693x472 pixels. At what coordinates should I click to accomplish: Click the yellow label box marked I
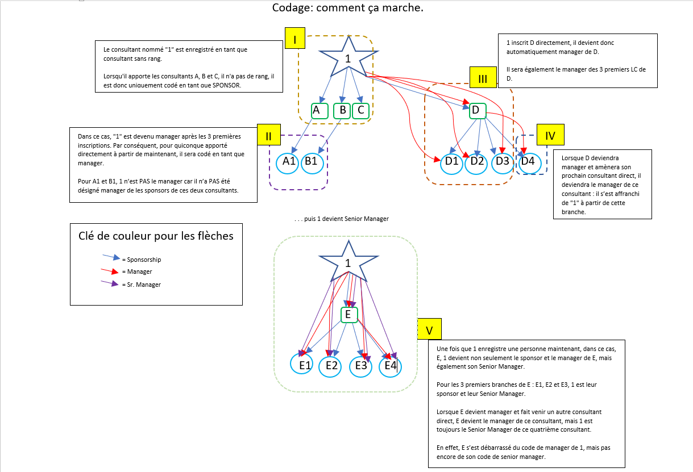coord(295,40)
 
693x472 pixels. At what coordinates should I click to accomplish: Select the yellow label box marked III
coord(483,78)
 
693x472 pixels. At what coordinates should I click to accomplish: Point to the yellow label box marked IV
coord(550,136)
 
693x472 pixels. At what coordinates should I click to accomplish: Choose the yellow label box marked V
coord(429,330)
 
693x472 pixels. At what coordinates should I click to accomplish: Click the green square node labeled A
coord(319,110)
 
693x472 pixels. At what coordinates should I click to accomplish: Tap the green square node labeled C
coord(360,110)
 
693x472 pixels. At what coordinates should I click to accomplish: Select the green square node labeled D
coord(477,110)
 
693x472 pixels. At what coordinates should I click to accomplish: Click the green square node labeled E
coord(348,315)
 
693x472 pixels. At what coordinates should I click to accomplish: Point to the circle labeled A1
coord(289,162)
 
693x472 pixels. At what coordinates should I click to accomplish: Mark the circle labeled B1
coord(312,162)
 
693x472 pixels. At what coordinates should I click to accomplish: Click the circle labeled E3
coord(361,366)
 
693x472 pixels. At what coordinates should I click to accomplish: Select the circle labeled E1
coord(305,366)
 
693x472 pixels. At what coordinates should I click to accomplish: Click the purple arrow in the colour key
coord(110,283)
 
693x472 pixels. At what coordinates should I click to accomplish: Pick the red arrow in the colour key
coord(110,270)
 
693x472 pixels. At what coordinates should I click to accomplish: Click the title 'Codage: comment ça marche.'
coord(347,8)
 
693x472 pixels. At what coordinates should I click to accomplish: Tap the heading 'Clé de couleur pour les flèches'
coord(156,236)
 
